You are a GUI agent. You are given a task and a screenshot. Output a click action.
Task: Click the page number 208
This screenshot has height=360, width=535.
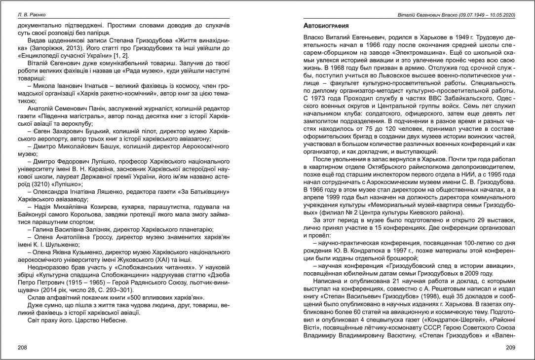click(22, 347)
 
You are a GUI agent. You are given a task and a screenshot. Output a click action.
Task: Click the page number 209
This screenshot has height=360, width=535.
click(511, 347)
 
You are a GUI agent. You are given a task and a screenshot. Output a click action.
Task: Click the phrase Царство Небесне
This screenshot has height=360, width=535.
click(104, 320)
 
